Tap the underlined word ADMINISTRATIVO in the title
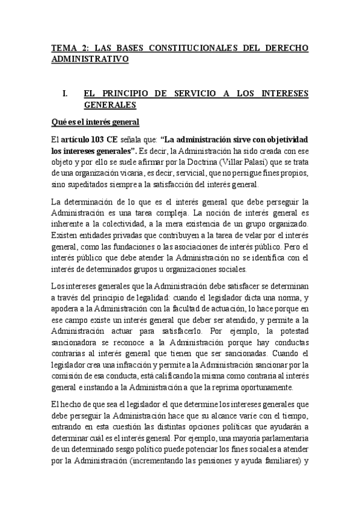click(x=90, y=60)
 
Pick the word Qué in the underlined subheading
click(x=59, y=122)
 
